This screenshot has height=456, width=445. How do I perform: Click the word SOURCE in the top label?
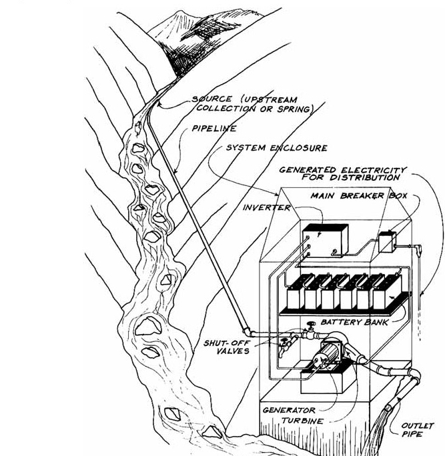pyautogui.click(x=210, y=99)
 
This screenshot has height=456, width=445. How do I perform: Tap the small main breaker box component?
pyautogui.click(x=386, y=241)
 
